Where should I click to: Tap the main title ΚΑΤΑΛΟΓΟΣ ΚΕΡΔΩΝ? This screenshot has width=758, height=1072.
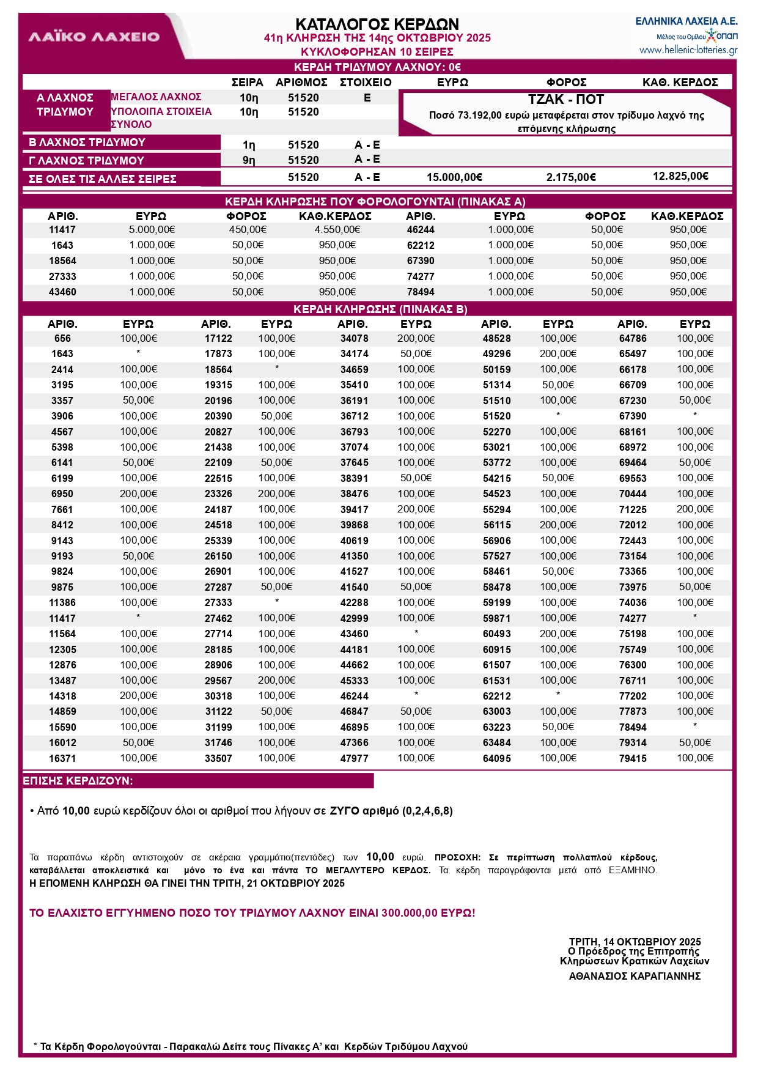[x=377, y=24]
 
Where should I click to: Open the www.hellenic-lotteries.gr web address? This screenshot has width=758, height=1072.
[x=688, y=50]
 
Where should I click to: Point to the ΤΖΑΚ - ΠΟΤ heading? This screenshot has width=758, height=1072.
[x=565, y=100]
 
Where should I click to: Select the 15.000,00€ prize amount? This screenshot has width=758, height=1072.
[x=454, y=177]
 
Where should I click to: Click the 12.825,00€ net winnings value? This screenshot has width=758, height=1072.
[x=680, y=176]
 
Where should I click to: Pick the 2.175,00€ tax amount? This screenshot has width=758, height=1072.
[x=571, y=177]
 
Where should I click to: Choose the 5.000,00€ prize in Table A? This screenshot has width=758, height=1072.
[x=152, y=230]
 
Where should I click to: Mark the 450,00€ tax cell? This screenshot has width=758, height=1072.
[x=248, y=230]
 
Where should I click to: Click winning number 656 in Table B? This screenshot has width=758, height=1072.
[x=62, y=339]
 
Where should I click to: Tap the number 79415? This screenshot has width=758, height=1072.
[x=632, y=758]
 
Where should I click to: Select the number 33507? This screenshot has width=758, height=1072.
[x=218, y=758]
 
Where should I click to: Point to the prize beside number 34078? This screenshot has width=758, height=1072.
[x=416, y=339]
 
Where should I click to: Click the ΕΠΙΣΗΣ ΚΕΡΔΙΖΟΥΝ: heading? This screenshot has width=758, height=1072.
[x=78, y=781]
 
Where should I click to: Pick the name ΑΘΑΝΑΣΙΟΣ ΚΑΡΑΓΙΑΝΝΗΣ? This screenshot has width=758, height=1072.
[x=635, y=976]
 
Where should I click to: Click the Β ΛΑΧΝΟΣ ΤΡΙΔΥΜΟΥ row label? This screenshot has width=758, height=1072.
[x=87, y=142]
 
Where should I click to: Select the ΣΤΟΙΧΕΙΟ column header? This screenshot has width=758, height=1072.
[x=366, y=83]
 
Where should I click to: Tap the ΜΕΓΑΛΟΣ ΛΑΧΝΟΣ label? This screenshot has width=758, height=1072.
[x=156, y=97]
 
